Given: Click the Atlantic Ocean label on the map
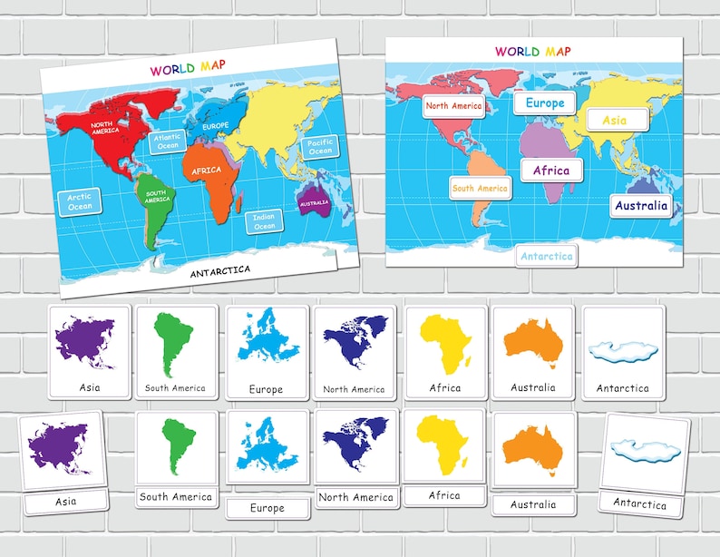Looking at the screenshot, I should [169, 142].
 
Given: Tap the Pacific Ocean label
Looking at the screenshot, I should [320, 147].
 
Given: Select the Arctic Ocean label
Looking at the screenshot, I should [80, 201].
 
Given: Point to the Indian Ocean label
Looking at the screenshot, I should [264, 220].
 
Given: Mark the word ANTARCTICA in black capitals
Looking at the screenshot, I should [220, 269].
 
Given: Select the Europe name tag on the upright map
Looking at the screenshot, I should [545, 103].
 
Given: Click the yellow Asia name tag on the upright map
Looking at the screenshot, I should [615, 120].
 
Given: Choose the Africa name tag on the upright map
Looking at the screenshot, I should [551, 170].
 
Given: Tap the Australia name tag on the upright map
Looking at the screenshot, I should [641, 205].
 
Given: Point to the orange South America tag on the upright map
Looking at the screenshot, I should [480, 188].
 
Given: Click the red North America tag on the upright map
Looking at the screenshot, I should [453, 106].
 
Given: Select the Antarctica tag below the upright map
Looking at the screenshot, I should [547, 256].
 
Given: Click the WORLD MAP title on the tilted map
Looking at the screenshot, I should [188, 69].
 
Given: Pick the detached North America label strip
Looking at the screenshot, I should [355, 497].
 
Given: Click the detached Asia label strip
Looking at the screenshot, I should [65, 501].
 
